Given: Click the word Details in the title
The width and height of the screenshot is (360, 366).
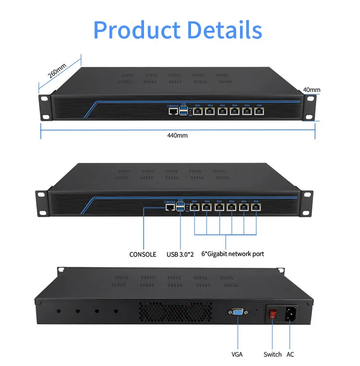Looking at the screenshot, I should point(225,30).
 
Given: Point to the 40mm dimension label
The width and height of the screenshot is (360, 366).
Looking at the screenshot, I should point(312,90).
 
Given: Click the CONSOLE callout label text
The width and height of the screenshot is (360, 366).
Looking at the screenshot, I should point(143,254).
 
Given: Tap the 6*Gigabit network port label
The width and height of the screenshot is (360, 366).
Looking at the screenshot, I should point(232,254).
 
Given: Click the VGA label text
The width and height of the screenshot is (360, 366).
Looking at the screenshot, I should point(237,354).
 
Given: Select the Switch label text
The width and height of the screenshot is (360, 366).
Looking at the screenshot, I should point(272,354).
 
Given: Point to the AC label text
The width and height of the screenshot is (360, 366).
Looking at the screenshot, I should point(290,354).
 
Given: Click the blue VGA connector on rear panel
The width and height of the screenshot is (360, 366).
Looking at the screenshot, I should point(237,313).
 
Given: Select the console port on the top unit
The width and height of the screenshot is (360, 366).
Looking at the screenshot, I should point(172,111).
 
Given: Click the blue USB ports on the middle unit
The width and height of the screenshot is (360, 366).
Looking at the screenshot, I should point(180,207).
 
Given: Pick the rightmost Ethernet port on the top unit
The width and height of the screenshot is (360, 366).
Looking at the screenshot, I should point(259,111).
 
